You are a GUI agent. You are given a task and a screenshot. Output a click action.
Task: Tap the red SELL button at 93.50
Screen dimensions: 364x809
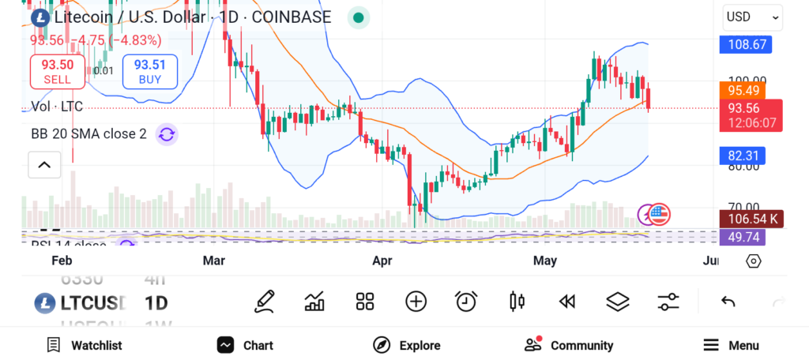(x=57, y=72)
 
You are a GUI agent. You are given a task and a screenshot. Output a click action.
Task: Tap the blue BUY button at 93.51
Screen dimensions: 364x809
(x=149, y=72)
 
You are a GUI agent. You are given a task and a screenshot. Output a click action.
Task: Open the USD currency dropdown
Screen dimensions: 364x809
(x=752, y=17)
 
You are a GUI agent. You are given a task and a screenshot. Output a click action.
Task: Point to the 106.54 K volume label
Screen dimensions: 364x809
(x=751, y=219)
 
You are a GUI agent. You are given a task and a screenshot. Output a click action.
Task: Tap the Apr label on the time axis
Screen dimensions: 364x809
(x=382, y=261)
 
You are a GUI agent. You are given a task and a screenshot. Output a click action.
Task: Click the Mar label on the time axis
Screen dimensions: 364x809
(x=213, y=261)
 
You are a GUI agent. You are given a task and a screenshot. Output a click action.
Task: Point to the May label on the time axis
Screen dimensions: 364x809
(x=545, y=261)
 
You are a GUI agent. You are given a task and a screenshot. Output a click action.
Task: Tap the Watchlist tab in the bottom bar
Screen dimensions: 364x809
(x=85, y=345)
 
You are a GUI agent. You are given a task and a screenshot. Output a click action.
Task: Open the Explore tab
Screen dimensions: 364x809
(x=407, y=345)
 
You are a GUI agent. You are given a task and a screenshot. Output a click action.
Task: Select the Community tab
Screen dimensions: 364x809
(x=569, y=345)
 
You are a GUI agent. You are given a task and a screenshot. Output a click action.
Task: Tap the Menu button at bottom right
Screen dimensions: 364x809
(x=731, y=345)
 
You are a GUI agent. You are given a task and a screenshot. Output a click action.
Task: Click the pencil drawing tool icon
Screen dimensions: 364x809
(x=265, y=301)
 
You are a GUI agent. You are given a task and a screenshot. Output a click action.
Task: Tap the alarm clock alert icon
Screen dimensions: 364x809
(x=466, y=301)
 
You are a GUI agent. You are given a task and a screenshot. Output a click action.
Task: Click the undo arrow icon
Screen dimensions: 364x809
(x=728, y=301)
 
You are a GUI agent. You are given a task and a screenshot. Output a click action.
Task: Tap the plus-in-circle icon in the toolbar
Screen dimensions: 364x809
(x=416, y=301)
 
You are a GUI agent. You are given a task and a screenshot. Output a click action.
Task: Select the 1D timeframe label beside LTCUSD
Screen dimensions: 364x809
(x=156, y=302)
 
